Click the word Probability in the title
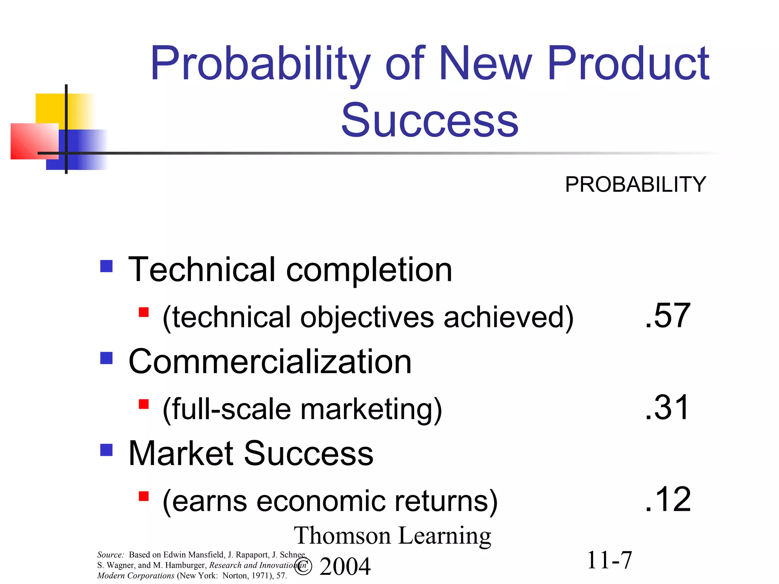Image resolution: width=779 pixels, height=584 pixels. point(260,64)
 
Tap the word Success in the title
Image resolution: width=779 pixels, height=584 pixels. point(430,121)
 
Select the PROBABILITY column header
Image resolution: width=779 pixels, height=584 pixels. point(635,185)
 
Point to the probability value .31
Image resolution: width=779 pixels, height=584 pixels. point(667,408)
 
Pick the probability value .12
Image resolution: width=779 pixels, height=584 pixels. point(668,500)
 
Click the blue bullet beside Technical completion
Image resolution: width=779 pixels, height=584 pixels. point(107,266)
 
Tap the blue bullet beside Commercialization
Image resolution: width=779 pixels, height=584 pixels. point(107,358)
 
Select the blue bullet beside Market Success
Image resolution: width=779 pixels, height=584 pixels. point(107,450)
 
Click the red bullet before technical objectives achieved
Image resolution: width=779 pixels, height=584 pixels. point(144,312)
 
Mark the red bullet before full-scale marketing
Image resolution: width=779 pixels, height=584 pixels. point(144,404)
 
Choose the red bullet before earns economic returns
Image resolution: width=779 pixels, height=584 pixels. point(144,496)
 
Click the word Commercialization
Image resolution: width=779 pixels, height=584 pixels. point(270,362)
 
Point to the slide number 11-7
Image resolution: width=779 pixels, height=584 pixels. point(609,560)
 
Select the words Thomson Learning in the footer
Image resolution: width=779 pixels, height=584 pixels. point(392,536)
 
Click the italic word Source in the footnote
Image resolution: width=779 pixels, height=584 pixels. point(110,555)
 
